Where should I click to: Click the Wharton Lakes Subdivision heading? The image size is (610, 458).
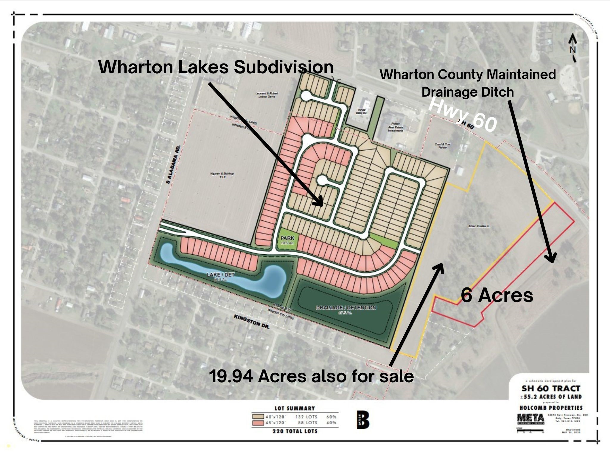click(216, 67)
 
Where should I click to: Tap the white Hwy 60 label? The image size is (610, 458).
click(463, 116)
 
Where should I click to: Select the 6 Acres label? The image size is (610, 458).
click(497, 295)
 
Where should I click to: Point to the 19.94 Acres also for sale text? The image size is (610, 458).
click(312, 376)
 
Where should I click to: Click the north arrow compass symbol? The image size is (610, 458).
click(573, 48)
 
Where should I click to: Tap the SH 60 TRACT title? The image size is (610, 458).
click(551, 389)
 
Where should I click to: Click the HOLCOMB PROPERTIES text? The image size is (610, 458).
click(551, 408)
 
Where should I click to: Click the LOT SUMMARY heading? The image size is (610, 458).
click(294, 408)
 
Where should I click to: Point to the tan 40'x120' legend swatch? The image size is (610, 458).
click(258, 417)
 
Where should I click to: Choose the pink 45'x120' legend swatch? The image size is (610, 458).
click(258, 423)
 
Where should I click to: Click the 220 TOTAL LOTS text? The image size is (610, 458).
click(294, 431)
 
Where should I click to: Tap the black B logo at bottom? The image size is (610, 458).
click(363, 420)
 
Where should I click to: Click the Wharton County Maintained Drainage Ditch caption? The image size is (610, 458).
click(468, 83)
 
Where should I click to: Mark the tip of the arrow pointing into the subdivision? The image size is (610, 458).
click(323, 205)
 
